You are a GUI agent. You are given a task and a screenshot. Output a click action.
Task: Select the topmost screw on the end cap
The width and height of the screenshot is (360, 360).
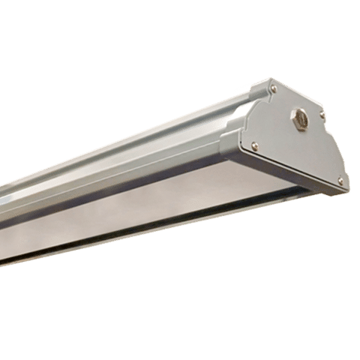pyautogui.click(x=273, y=89)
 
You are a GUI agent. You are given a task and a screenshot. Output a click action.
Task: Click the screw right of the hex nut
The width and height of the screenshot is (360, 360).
pyautogui.click(x=322, y=115)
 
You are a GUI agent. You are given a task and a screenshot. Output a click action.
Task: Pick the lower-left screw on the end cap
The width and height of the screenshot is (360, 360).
pyautogui.click(x=255, y=146)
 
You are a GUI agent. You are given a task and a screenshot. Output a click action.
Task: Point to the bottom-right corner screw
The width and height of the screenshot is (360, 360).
pyautogui.click(x=340, y=180)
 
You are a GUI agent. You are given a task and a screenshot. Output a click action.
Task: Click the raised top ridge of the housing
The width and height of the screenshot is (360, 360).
pyautogui.click(x=150, y=127)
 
